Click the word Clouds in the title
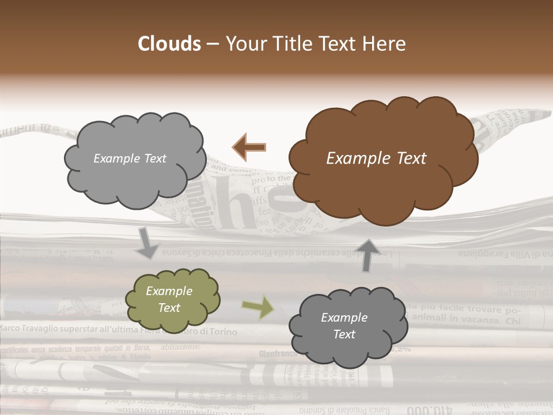[169, 44]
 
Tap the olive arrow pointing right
[258, 307]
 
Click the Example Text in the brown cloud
[376, 159]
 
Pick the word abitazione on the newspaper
[180, 346]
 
